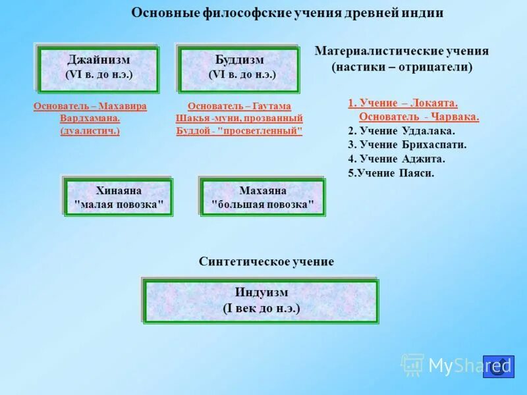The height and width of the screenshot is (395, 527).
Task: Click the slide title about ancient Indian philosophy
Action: pos(287,13)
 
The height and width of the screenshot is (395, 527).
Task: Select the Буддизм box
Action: pos(239,68)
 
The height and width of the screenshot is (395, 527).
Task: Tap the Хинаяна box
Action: pos(119,197)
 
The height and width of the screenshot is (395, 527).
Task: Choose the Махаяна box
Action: pos(263,197)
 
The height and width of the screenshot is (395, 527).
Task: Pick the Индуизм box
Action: pos(261,300)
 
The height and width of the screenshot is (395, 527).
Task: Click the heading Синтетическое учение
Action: pos(266,261)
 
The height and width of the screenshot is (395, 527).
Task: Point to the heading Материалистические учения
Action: pos(402,51)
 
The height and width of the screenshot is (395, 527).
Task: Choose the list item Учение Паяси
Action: pos(391,173)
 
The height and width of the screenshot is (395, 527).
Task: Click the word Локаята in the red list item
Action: pos(434,103)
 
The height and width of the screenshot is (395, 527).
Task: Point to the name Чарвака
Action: pos(455,117)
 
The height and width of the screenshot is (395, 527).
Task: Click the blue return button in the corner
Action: pos(499,367)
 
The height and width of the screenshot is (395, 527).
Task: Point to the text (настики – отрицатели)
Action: pos(402,67)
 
